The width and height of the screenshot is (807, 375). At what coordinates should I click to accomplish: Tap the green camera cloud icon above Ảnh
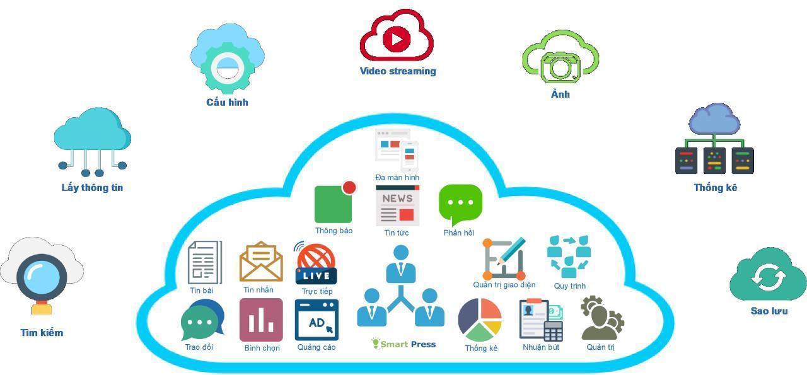point(560,61)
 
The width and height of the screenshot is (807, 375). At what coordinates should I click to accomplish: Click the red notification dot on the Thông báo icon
point(349,188)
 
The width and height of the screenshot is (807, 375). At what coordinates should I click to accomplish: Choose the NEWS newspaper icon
point(397,206)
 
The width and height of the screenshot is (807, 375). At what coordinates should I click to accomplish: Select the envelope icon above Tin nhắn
point(261,263)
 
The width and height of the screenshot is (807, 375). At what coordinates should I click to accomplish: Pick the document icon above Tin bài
point(204,263)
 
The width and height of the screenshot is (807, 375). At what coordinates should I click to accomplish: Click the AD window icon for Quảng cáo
point(316,320)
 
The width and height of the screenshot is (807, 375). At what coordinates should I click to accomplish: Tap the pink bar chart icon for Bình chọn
point(261,320)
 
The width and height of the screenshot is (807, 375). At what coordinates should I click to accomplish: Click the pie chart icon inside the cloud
point(480,320)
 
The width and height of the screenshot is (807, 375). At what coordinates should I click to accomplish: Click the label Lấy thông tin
point(92,188)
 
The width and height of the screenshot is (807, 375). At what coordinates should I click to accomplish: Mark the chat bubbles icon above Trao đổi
point(202,320)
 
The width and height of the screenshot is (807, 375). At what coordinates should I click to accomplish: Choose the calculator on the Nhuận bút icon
point(553,331)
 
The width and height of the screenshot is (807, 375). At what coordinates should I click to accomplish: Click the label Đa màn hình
point(397,178)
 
